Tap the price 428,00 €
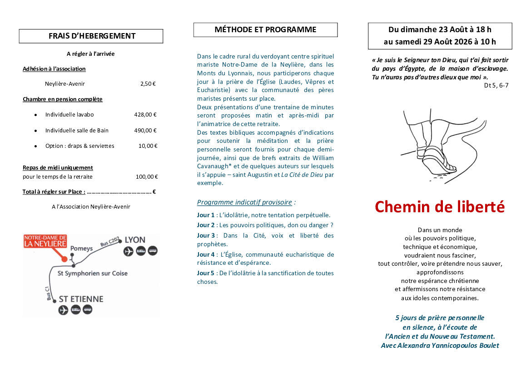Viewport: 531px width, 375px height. click(145, 115)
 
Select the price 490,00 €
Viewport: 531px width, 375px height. click(145, 131)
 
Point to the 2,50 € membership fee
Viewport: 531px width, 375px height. click(148, 84)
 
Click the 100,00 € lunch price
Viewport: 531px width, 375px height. click(147, 177)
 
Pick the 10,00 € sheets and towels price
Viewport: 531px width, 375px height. click(148, 146)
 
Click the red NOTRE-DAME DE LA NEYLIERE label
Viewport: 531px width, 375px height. click(45, 241)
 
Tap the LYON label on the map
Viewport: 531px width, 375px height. click(134, 240)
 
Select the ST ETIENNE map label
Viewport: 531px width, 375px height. click(81, 299)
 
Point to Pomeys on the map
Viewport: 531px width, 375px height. click(81, 248)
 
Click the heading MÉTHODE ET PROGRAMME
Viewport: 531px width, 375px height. click(265, 30)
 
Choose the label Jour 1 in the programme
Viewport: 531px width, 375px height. click(205, 215)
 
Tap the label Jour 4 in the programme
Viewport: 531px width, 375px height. click(205, 254)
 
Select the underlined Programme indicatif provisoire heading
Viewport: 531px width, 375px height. click(244, 202)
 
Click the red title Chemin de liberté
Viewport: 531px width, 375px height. click(439, 207)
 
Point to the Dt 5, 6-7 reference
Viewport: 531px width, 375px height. click(496, 85)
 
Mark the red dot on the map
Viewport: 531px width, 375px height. click(65, 258)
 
